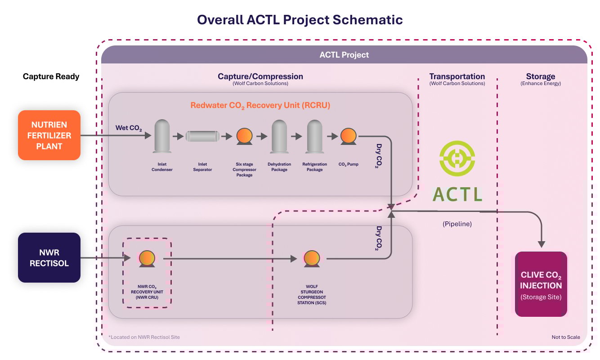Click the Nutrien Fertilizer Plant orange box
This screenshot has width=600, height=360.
(x=49, y=135)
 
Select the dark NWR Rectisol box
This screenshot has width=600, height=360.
(x=49, y=257)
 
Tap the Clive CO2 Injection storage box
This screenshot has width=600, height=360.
(x=541, y=284)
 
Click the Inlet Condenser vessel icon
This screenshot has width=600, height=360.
(x=162, y=135)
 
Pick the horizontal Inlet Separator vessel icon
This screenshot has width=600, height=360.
(x=202, y=136)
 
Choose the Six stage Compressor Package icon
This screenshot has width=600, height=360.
(x=244, y=136)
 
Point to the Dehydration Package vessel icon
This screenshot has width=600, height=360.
(x=279, y=135)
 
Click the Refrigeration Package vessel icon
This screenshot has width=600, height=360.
(x=315, y=135)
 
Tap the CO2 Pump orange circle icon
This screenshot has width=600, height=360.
(x=348, y=136)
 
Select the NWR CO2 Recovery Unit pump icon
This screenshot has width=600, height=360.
(x=147, y=258)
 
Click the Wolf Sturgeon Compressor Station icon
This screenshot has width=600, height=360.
(x=311, y=258)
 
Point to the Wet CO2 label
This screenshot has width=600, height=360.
(x=129, y=129)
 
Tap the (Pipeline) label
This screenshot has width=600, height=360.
(x=457, y=224)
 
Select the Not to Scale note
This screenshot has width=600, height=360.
(x=566, y=337)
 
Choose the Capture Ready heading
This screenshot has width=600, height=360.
(x=51, y=76)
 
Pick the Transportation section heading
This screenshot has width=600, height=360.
(x=457, y=76)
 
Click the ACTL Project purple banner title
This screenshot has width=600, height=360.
(x=344, y=55)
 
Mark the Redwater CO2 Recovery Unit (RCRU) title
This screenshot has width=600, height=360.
(x=260, y=105)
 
